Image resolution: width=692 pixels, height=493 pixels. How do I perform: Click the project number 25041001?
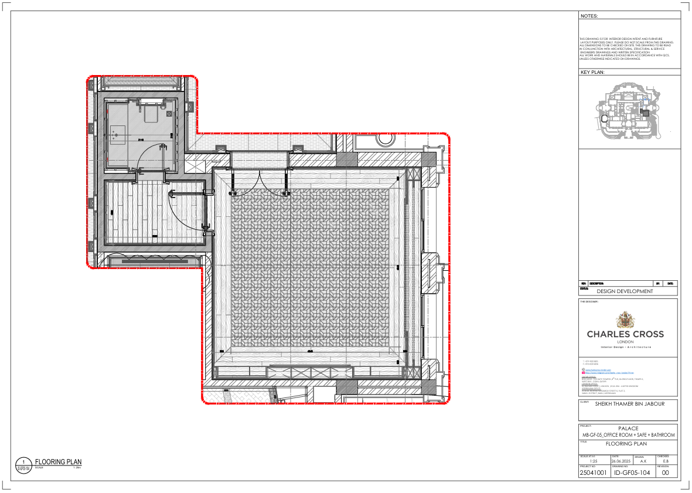(x=592, y=472)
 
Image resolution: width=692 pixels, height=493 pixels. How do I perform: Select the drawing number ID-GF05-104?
(x=632, y=472)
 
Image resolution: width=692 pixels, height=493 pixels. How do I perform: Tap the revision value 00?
(x=665, y=472)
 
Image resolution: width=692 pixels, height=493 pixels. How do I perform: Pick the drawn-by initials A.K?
(x=643, y=461)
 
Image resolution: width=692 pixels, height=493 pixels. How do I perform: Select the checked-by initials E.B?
(x=666, y=461)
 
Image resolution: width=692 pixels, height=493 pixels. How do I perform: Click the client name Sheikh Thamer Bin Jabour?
(x=628, y=404)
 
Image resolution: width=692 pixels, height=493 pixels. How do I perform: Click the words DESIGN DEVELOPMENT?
(x=625, y=291)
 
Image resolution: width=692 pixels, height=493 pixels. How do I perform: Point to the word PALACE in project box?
(x=628, y=429)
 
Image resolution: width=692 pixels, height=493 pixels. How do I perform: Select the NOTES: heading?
(x=589, y=16)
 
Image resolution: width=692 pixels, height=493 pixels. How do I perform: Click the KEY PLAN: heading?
(x=592, y=73)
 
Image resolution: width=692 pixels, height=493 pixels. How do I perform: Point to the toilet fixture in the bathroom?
(x=154, y=112)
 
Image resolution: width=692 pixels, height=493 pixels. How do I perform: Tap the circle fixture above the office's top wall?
(x=386, y=139)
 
